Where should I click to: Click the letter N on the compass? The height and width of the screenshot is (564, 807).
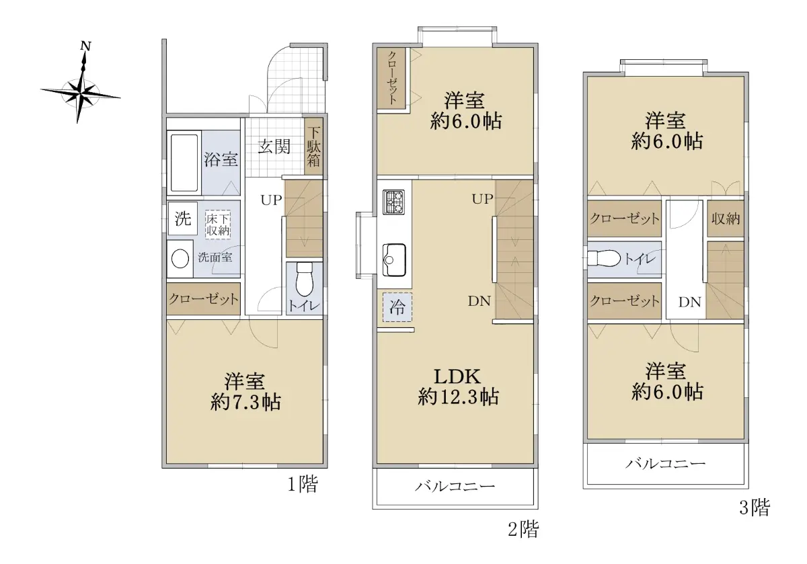[x=85, y=46]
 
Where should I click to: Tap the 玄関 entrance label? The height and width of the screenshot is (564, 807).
[x=274, y=147]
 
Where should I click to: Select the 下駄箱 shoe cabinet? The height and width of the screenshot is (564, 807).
[x=313, y=147]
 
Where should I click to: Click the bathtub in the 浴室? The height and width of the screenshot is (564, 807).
[x=184, y=163]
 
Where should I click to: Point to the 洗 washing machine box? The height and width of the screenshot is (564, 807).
[x=183, y=218]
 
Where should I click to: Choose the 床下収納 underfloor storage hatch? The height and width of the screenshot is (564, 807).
[x=218, y=225]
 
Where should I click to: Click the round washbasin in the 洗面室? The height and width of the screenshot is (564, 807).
[x=180, y=259]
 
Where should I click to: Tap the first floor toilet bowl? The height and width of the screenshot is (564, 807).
[x=305, y=280]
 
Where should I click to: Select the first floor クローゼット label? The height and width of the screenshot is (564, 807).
[x=204, y=299]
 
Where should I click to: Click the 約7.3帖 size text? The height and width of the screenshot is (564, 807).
[x=245, y=402]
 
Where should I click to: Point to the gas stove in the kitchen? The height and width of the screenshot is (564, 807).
[x=393, y=202]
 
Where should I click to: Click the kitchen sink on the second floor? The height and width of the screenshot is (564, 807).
[x=394, y=260]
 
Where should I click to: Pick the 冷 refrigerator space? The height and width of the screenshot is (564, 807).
[x=397, y=307]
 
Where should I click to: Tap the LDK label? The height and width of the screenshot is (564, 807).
[x=457, y=376]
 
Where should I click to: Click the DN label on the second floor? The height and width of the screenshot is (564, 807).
[x=479, y=301]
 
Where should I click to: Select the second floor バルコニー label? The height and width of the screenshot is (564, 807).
[x=455, y=487]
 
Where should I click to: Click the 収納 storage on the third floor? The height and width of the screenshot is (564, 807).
[x=726, y=218]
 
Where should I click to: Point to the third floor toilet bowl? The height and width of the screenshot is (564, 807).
[x=603, y=259]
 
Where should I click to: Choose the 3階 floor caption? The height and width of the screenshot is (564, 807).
[x=755, y=508]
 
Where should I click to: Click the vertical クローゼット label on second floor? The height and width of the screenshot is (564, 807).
[x=392, y=78]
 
